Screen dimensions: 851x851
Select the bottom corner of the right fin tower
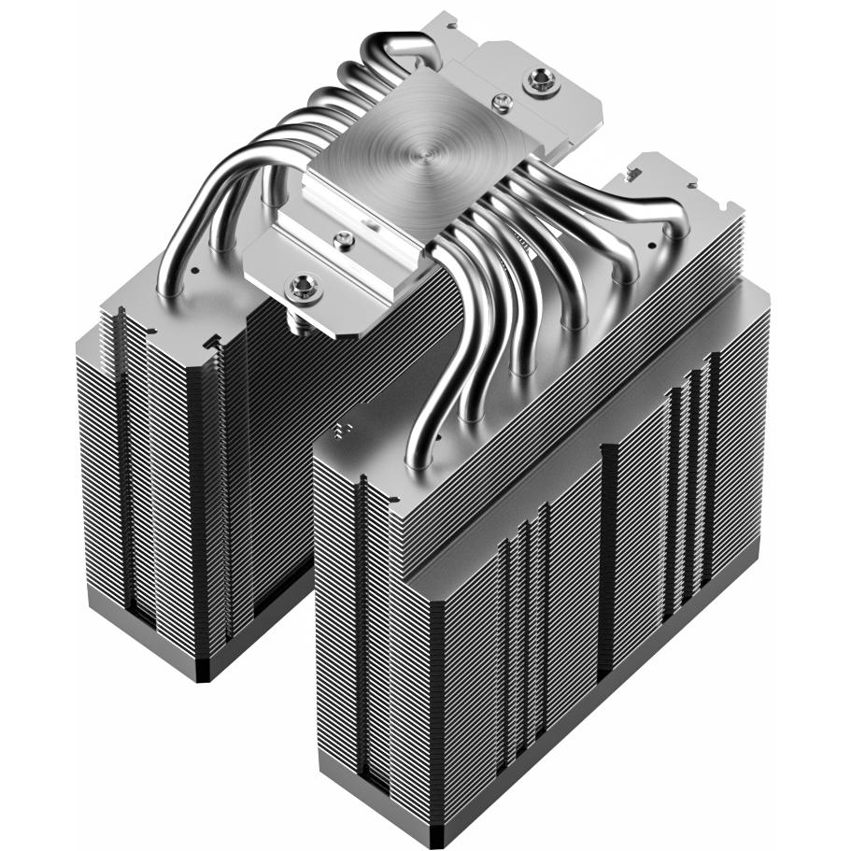pos(431,836)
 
